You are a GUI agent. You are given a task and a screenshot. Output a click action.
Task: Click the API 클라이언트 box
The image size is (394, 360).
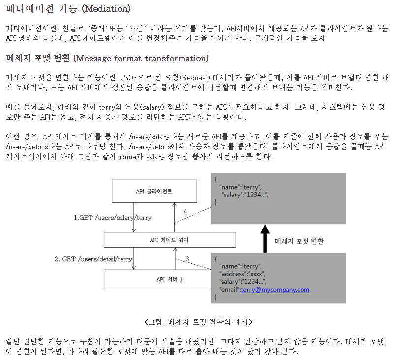coord(154,191)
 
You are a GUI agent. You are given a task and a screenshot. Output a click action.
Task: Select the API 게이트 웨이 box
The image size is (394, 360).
coord(170,240)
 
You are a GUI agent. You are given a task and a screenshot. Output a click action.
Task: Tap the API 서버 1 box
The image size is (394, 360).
coord(157,279)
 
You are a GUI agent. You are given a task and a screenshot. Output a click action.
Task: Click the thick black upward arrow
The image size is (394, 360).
coord(265,238)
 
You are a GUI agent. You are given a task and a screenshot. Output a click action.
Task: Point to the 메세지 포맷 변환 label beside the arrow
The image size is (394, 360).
coord(299,241)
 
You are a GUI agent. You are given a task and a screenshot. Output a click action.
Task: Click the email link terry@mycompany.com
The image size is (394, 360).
coord(275,290)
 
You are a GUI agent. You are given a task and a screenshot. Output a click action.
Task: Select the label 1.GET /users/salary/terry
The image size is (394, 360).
coord(113,218)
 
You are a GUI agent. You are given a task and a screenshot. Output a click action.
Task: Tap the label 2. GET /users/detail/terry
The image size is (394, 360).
coord(93,259)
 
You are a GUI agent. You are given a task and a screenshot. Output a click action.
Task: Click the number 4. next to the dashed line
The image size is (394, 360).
coord(186,212)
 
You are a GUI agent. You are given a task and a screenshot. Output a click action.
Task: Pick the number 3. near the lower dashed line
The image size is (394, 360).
coord(188,259)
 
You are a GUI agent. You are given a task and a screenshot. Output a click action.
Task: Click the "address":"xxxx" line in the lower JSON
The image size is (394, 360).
coord(242,274)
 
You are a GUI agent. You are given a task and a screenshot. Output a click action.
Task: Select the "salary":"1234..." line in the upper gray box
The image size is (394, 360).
coord(245,195)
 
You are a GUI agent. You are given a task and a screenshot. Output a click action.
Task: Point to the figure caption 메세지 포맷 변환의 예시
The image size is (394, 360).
coord(199,322)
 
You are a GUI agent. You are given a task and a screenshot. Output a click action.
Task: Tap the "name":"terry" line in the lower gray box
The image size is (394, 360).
coord(241,266)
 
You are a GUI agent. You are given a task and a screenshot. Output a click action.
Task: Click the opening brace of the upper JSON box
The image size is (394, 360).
coord(216,180)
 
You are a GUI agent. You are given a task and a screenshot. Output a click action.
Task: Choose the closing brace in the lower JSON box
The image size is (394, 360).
coord(216,297)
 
